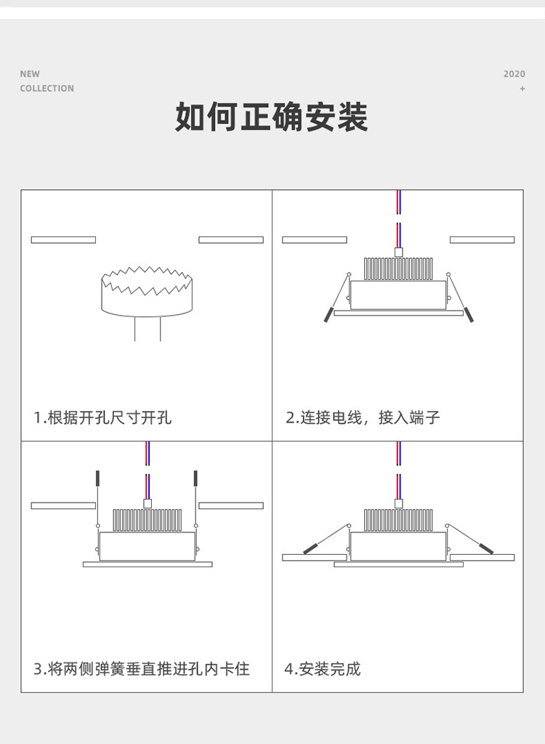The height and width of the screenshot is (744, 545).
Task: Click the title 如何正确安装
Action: [272, 117]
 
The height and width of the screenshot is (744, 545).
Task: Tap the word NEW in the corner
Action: [30, 73]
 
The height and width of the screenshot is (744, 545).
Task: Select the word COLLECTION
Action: [47, 89]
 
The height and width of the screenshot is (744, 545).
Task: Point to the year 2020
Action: [514, 74]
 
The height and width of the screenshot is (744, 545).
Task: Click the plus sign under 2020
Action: [522, 89]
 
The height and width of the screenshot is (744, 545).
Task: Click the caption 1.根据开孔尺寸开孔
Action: [102, 418]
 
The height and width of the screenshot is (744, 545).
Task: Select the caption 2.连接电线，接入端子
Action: [363, 418]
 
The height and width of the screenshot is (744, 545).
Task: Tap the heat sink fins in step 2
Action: [398, 269]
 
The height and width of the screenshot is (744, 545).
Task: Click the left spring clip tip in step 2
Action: [328, 316]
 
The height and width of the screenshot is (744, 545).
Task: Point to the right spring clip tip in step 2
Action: [469, 316]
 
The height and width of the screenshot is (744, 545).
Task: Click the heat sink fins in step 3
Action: [148, 520]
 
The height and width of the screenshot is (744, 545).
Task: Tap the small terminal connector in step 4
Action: [398, 503]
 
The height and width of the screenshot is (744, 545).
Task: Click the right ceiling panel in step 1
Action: [231, 240]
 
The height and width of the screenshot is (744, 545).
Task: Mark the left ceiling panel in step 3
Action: [63, 505]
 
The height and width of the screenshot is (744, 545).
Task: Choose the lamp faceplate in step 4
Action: [398, 564]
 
